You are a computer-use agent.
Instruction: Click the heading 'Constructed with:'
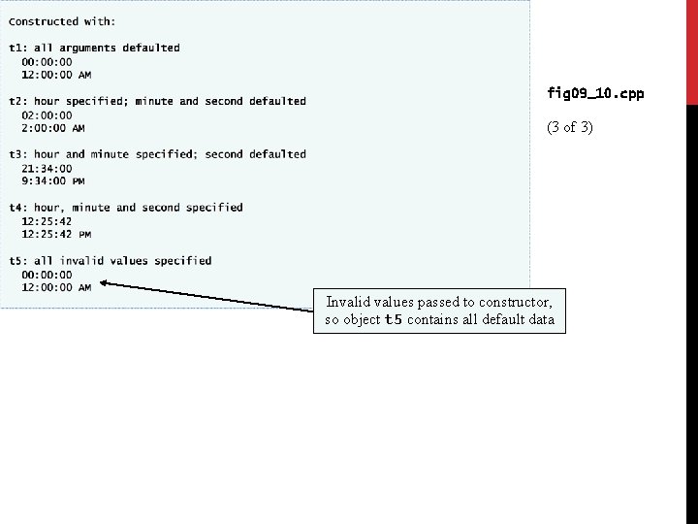click(x=62, y=21)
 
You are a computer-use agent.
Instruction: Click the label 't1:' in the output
click(x=17, y=48)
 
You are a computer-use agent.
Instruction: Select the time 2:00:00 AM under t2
click(x=52, y=128)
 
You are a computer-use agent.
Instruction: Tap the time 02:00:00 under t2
click(x=47, y=115)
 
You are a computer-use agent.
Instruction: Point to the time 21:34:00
click(x=47, y=168)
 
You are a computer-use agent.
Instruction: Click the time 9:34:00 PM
click(x=52, y=181)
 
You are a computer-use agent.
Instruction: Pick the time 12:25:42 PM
click(x=55, y=234)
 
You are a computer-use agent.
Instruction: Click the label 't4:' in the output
click(x=17, y=207)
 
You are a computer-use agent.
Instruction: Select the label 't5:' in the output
click(x=17, y=260)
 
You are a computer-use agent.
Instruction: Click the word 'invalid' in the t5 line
click(x=81, y=260)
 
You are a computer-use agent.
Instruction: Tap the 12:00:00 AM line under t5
click(x=56, y=287)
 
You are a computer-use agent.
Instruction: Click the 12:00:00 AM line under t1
click(x=56, y=75)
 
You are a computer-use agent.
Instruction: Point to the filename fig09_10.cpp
click(x=595, y=94)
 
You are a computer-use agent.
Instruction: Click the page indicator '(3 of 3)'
click(x=569, y=128)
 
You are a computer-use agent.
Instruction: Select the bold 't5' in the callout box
click(x=393, y=320)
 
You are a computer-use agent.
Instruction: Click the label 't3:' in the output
click(x=17, y=154)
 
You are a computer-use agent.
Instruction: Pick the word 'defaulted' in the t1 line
click(x=150, y=48)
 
